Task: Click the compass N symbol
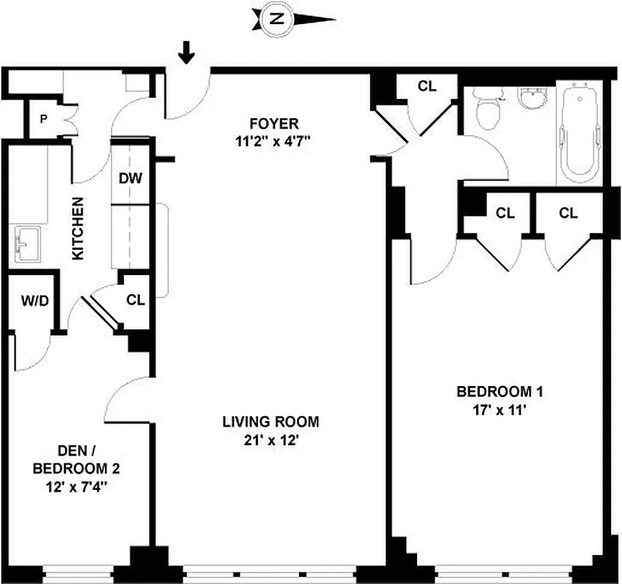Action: (276, 19)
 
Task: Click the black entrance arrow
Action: (187, 52)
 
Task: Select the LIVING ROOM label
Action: (271, 421)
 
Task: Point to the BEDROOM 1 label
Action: (499, 392)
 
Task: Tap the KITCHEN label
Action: (77, 228)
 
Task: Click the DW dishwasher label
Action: (131, 177)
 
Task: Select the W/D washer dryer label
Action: (34, 301)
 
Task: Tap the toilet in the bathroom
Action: (486, 109)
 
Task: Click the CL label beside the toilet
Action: (427, 86)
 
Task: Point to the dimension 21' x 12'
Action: (271, 439)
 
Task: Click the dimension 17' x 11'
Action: (499, 410)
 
